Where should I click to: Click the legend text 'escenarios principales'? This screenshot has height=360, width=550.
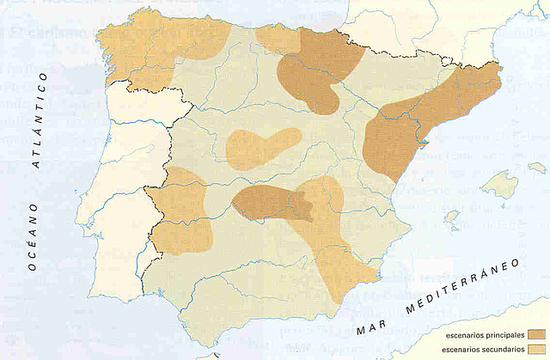(x=480, y=333)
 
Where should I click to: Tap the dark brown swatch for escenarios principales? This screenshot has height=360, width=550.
(x=535, y=333)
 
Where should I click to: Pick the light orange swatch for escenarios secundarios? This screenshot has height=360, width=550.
(x=535, y=349)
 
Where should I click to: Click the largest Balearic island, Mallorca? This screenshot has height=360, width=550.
(x=498, y=183)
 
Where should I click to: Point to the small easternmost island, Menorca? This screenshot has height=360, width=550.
(x=536, y=167)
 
